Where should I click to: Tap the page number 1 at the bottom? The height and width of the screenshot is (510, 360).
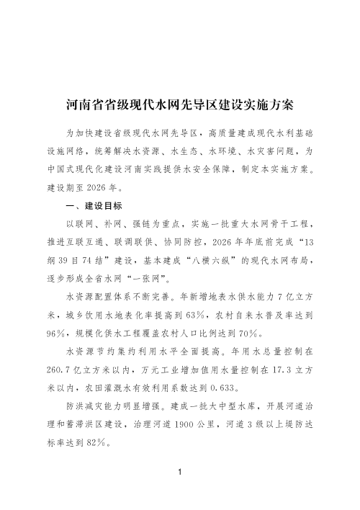tap(179, 473)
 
